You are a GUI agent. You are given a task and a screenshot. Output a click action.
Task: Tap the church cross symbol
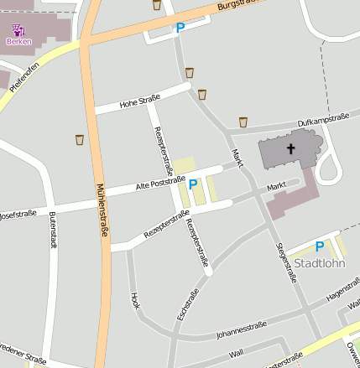pos(291,149)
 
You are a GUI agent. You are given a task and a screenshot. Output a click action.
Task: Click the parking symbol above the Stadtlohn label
pos(319,246)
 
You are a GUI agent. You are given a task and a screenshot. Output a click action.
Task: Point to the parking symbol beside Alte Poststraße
pos(193,184)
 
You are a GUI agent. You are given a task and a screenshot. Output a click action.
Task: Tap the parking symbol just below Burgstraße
pos(180,29)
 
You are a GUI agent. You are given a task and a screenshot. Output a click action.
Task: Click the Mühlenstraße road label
pos(102,210)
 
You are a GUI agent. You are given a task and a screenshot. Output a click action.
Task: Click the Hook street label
pos(135,300)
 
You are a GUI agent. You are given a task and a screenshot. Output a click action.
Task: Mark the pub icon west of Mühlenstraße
pos(80,139)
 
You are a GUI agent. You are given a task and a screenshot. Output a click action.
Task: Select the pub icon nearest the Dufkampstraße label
pos(243,122)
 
